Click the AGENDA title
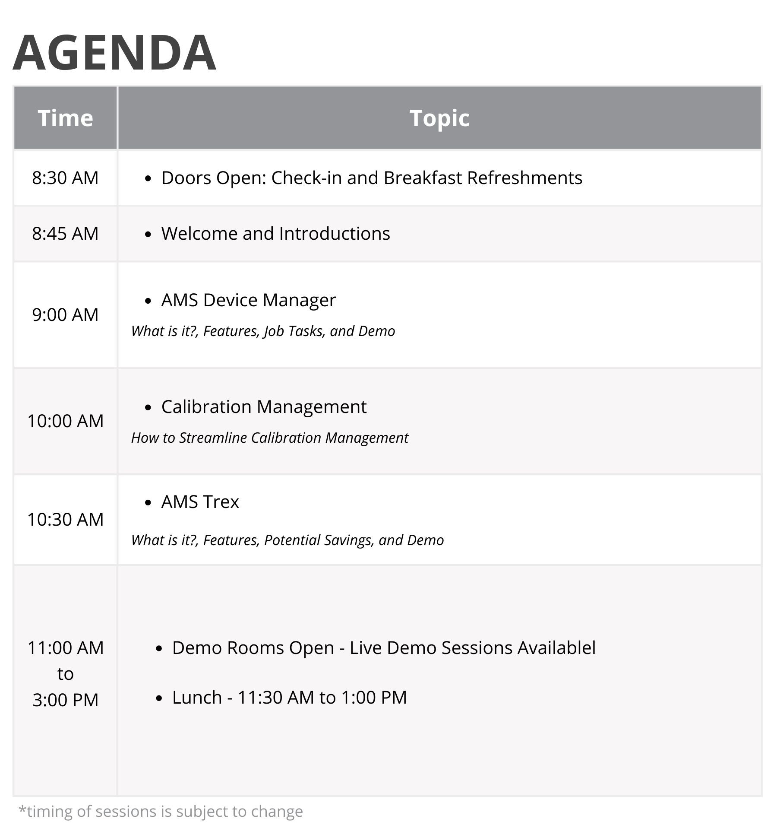tap(114, 53)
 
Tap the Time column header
tap(65, 118)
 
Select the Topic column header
tap(439, 118)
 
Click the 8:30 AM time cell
tap(65, 178)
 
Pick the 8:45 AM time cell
tap(65, 234)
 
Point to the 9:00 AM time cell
tap(65, 315)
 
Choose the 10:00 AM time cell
tap(65, 421)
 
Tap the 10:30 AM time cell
tap(65, 520)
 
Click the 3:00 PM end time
tap(66, 700)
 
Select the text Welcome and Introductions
tap(275, 234)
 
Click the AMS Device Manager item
tap(248, 300)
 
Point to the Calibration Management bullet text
tap(264, 407)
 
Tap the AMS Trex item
tap(200, 502)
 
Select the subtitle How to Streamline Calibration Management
tap(270, 438)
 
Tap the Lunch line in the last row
tap(289, 698)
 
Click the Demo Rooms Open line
tap(384, 648)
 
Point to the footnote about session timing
tap(161, 811)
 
